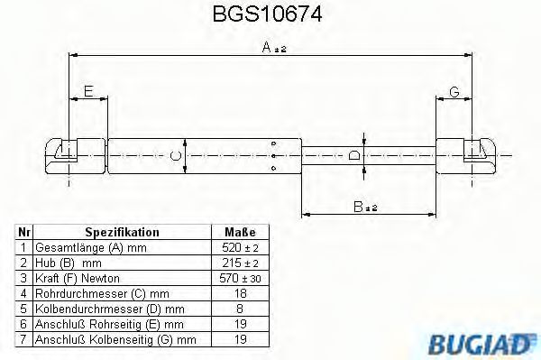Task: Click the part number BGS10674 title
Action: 270,15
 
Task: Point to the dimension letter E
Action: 87,90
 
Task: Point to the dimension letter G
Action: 454,90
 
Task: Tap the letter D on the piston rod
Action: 354,156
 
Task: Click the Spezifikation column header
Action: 122,232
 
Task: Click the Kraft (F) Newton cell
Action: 77,278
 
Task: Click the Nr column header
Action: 24,232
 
